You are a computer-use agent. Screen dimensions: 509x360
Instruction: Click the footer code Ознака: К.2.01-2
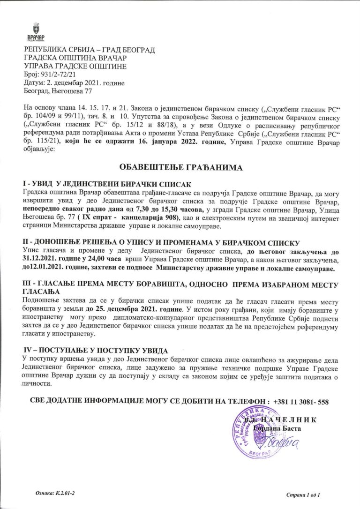pyautogui.click(x=55, y=494)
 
